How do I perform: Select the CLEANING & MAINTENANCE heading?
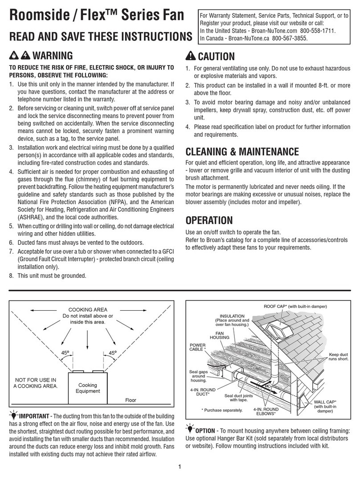click(x=242, y=152)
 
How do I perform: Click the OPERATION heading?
click(x=209, y=220)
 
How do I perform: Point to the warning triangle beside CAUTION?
click(x=190, y=57)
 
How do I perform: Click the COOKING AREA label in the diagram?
click(x=87, y=310)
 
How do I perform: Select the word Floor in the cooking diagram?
click(x=131, y=400)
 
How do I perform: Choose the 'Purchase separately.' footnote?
click(x=221, y=410)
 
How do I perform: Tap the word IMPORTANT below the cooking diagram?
click(x=35, y=416)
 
